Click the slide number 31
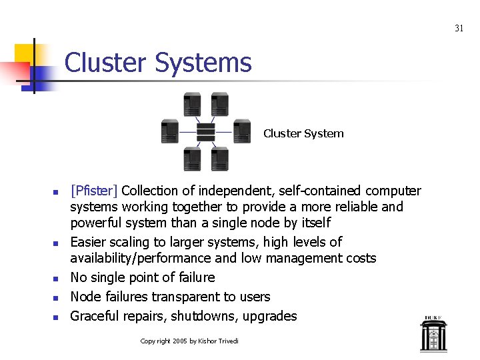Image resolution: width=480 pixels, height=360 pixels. click(x=459, y=28)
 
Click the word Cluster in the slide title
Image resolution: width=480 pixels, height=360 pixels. click(x=106, y=63)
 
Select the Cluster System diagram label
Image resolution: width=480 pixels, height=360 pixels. click(x=303, y=133)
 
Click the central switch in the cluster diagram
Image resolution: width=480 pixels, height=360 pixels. click(x=206, y=132)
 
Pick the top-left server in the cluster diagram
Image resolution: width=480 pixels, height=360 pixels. click(x=192, y=104)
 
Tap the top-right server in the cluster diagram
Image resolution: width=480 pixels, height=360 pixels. click(x=219, y=104)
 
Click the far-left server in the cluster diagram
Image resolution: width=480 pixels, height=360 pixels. click(x=170, y=131)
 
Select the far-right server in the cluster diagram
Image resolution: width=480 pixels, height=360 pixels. click(x=242, y=131)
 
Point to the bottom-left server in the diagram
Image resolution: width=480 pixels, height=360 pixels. click(x=192, y=159)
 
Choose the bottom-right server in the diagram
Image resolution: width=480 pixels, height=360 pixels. click(x=219, y=159)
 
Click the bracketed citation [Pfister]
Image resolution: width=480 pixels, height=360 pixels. click(x=93, y=191)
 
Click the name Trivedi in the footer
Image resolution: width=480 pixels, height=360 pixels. click(x=227, y=341)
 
